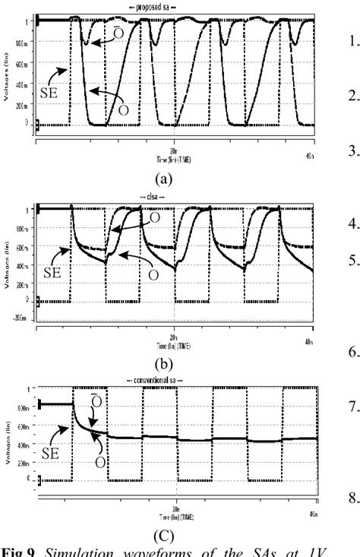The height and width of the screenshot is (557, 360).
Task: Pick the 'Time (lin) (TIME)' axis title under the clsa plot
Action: click(x=175, y=343)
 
